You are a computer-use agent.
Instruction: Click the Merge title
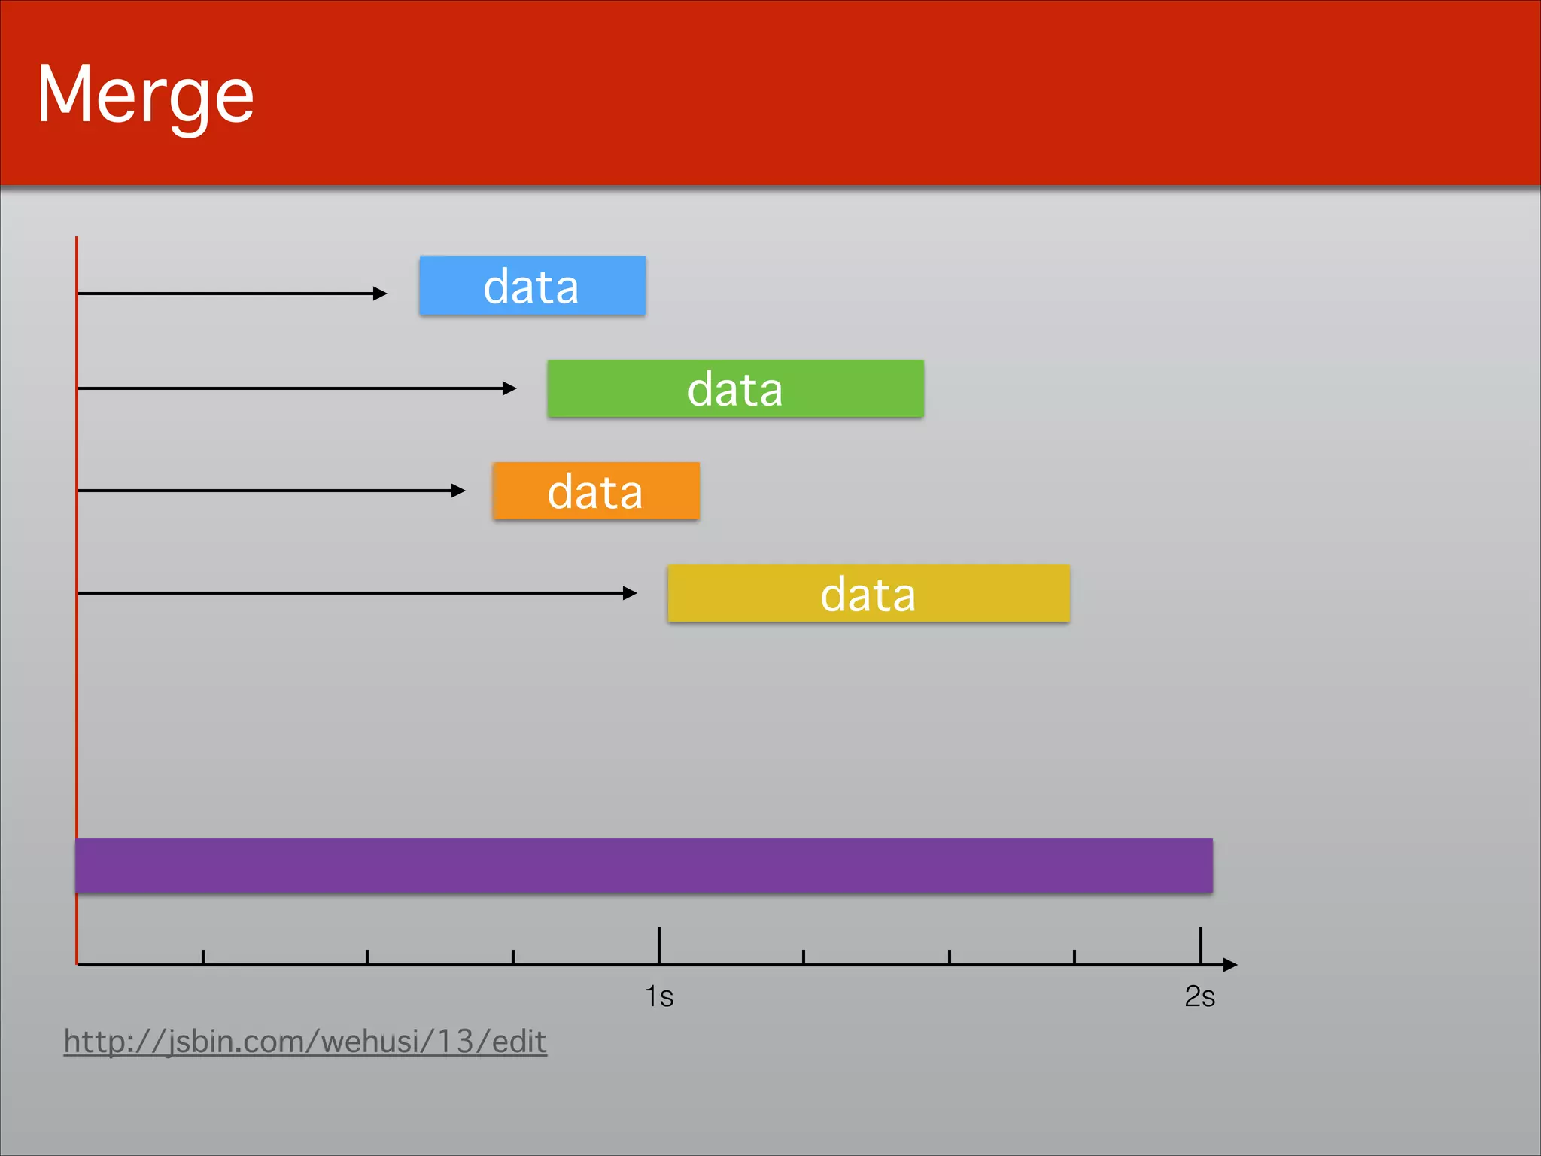tap(145, 96)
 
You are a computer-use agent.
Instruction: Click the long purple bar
tap(644, 865)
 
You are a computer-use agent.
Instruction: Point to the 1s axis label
tap(659, 996)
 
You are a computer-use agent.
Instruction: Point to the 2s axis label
tap(1199, 996)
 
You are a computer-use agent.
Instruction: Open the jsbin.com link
tap(305, 1042)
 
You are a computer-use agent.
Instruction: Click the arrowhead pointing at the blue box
tap(381, 294)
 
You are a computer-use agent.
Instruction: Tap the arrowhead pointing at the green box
tap(510, 388)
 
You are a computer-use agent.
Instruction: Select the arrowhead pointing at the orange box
tap(459, 491)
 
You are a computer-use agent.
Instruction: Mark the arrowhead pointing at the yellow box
tap(631, 593)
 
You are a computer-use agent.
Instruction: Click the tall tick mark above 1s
tap(659, 945)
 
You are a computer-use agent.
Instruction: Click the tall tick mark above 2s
tap(1201, 945)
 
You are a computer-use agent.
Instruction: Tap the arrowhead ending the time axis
tap(1230, 965)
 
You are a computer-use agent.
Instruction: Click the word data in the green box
tap(735, 390)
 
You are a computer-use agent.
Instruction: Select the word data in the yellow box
tap(868, 595)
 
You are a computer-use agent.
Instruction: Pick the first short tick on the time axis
tap(203, 957)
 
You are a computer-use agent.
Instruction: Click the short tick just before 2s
tap(1074, 957)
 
